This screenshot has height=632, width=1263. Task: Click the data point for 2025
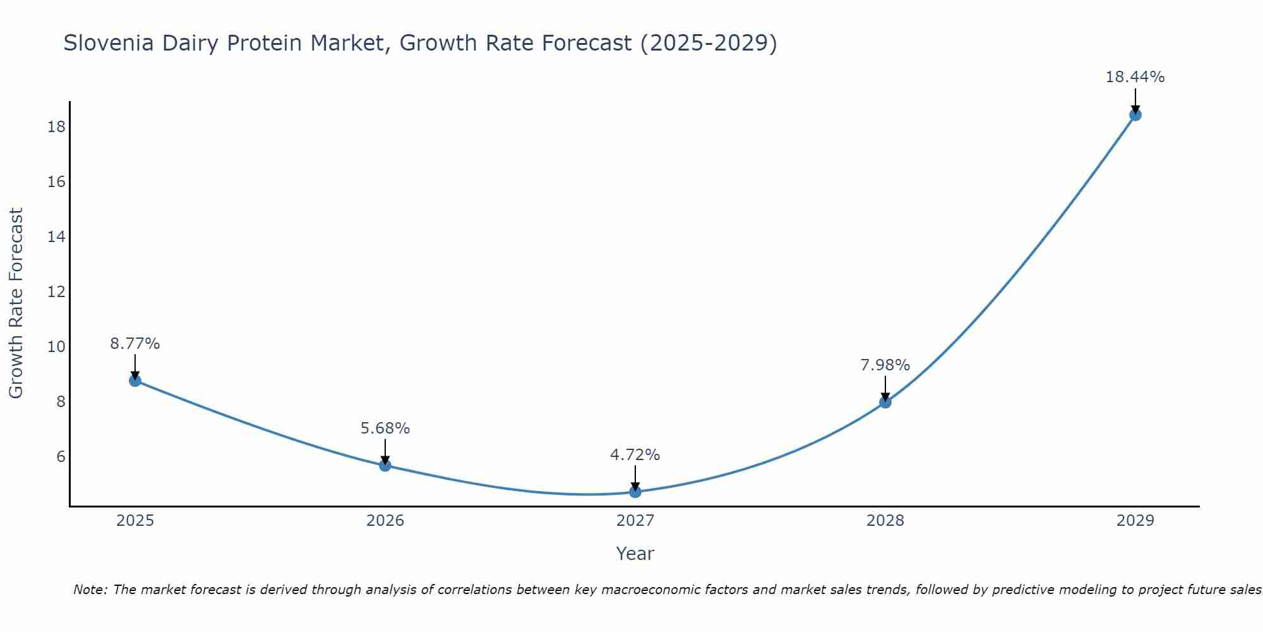[x=135, y=380]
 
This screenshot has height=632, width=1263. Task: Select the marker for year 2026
[x=385, y=465]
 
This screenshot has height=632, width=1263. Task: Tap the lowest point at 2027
[x=635, y=492]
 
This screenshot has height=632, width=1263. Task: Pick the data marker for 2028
[x=885, y=402]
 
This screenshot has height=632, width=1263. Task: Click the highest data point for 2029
[x=1135, y=115]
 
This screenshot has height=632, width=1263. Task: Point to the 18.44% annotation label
[x=1135, y=77]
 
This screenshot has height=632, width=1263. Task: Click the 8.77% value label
[x=135, y=344]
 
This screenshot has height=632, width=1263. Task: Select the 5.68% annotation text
[x=385, y=428]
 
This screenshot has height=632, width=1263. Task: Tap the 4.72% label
[x=635, y=455]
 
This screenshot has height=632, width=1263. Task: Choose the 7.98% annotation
[x=885, y=365]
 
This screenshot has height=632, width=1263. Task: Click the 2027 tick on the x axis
[x=635, y=521]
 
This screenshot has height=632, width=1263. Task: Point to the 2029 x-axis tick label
[x=1135, y=521]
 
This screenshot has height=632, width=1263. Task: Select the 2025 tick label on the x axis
[x=135, y=521]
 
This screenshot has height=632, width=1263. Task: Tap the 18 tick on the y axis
[x=56, y=127]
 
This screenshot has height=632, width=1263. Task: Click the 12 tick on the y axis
[x=56, y=292]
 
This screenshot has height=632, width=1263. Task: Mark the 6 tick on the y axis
[x=61, y=457]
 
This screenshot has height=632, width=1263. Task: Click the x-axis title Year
[x=635, y=554]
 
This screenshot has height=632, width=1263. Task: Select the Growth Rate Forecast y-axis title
[x=16, y=303]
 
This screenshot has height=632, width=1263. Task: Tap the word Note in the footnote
[x=90, y=590]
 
